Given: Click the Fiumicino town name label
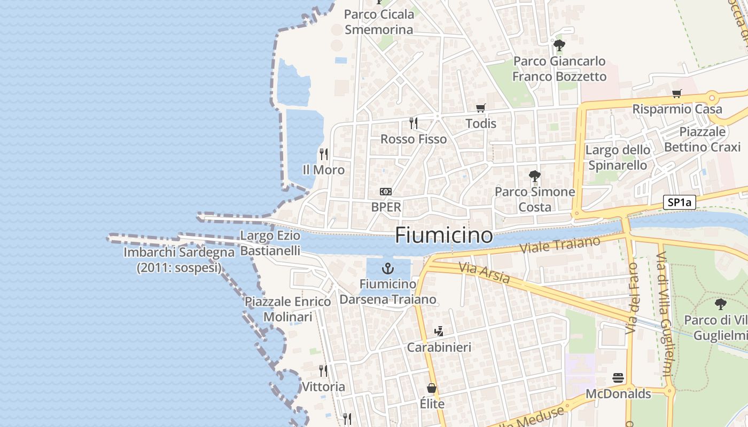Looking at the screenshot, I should (443, 235).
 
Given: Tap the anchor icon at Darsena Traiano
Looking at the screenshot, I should (388, 268).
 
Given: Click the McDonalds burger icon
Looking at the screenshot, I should (618, 378).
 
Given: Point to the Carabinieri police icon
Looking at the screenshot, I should (439, 331).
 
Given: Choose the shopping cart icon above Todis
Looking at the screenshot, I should (481, 108).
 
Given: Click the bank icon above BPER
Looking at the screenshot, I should (385, 191).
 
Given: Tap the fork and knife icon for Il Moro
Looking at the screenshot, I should (323, 154).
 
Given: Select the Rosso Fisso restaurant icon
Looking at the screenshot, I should (413, 123).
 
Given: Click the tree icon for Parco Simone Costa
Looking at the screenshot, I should (534, 176).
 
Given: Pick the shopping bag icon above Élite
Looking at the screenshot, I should (432, 388).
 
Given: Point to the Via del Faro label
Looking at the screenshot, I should (633, 298).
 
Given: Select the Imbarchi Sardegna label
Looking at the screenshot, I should (179, 260).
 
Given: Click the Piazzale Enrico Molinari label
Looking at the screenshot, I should (287, 309).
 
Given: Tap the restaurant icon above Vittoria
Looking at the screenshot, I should (323, 370).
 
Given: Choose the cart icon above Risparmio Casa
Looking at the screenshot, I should (677, 93).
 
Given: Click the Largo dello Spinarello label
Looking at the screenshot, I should (618, 157).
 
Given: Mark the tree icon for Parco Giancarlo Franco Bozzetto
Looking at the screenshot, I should (559, 45).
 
